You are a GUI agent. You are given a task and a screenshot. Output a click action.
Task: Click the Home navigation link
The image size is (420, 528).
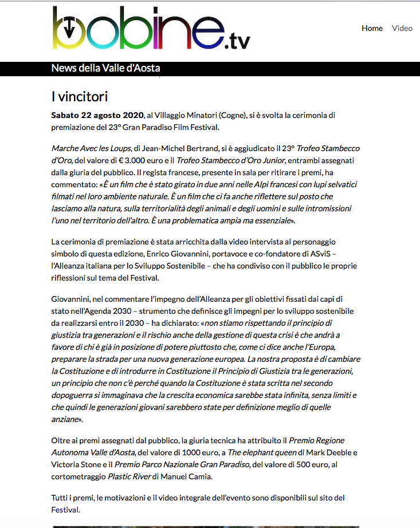(372, 28)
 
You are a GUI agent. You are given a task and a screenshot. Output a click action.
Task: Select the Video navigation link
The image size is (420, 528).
(402, 28)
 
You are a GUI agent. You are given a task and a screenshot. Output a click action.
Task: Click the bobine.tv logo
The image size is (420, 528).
(151, 29)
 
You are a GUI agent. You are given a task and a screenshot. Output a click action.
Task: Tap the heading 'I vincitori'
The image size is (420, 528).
(80, 96)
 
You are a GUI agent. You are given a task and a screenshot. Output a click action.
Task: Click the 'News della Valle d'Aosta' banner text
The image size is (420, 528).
(105, 68)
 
